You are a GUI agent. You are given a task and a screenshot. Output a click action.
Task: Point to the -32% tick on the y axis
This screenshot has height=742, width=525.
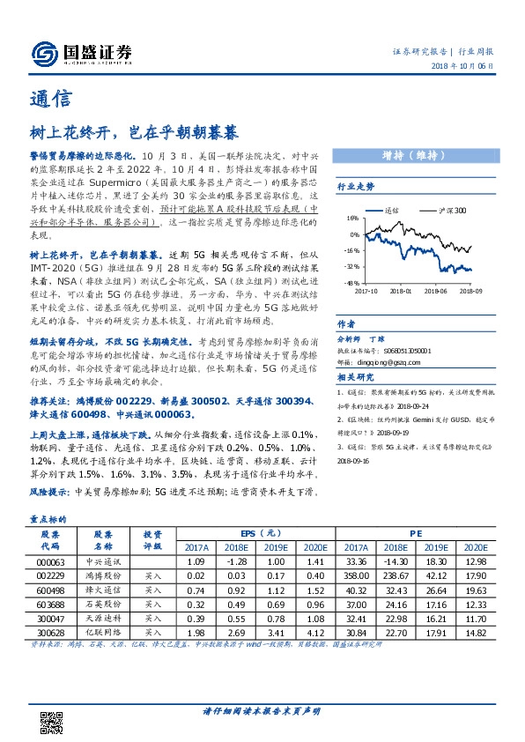click(x=351, y=265)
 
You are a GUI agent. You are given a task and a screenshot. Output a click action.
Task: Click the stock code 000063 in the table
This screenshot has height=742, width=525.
click(x=50, y=560)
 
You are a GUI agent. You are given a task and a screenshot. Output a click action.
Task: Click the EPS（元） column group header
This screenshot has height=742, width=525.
click(x=260, y=533)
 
